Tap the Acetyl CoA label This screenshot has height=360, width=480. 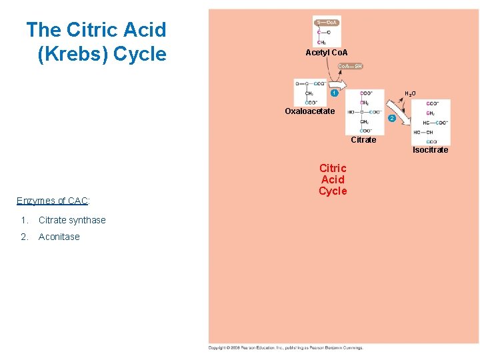(327, 53)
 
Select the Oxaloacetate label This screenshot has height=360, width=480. (309, 111)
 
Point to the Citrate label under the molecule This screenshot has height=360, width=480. (363, 140)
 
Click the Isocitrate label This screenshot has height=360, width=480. (430, 150)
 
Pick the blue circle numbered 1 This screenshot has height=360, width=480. (334, 93)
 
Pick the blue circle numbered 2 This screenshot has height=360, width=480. (392, 118)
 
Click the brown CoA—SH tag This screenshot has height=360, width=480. (351, 66)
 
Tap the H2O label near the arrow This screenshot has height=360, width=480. (409, 94)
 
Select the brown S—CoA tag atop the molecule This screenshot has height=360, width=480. (327, 22)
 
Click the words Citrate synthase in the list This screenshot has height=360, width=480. (72, 220)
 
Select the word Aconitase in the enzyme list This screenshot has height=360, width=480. (59, 237)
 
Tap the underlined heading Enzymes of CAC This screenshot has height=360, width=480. (53, 201)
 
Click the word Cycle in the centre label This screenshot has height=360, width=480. (333, 191)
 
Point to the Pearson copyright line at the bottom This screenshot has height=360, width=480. (285, 348)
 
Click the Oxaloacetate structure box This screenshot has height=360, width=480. (310, 92)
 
